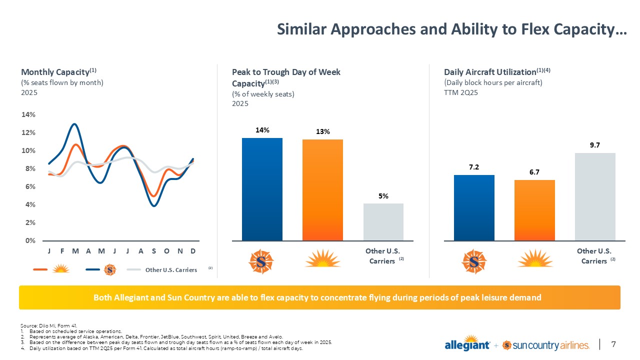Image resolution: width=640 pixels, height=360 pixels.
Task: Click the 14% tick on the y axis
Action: (28, 114)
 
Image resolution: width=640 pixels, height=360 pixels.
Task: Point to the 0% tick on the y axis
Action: (30, 240)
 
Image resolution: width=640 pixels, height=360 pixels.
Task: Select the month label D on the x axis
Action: (193, 250)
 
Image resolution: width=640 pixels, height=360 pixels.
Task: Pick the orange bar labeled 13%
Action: (322, 190)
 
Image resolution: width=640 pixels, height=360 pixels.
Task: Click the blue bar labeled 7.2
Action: (474, 207)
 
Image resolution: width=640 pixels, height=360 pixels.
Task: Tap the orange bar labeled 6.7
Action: (534, 210)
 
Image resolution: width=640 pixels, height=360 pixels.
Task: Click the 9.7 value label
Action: (595, 145)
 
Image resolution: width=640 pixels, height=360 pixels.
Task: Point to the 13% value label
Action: (322, 132)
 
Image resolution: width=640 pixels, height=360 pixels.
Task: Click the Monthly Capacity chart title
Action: (55, 72)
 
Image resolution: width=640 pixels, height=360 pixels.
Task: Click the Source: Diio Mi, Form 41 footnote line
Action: (49, 326)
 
